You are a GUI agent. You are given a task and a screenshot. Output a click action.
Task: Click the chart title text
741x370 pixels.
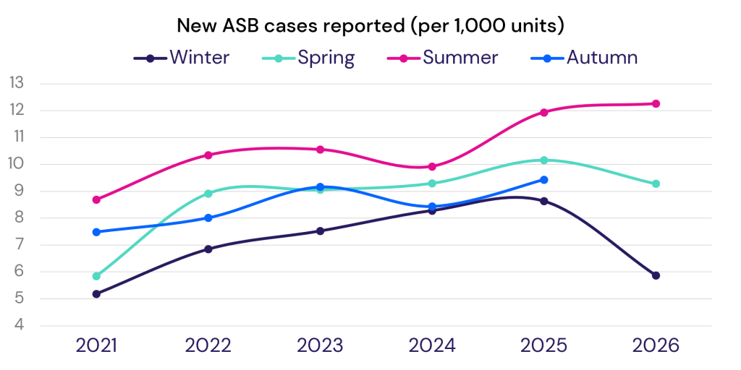tap(370, 25)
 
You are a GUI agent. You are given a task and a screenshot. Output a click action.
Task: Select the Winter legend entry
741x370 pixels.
tap(182, 58)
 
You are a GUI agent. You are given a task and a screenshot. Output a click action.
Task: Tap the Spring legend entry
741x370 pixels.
tap(308, 58)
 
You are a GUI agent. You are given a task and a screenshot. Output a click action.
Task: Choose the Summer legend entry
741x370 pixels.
tap(442, 58)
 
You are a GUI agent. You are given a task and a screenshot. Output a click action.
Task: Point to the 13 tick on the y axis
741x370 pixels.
tap(17, 84)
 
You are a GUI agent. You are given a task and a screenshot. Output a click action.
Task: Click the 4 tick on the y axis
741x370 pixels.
tap(18, 326)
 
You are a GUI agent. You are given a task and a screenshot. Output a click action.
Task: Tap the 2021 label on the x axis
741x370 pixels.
tap(96, 346)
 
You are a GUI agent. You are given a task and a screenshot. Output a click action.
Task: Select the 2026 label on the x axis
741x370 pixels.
tap(656, 346)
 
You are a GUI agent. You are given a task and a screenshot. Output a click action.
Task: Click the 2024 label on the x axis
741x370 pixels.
tap(432, 346)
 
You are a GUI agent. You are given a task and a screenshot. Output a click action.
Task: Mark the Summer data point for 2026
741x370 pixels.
tap(656, 104)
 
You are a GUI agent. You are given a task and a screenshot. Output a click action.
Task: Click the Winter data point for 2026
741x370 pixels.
tap(656, 275)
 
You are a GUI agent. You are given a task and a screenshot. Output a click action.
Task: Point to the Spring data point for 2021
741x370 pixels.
tap(96, 276)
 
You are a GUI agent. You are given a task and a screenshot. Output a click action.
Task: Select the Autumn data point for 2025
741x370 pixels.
tap(544, 180)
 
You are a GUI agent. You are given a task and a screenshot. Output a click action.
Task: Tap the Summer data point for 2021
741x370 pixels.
tap(96, 199)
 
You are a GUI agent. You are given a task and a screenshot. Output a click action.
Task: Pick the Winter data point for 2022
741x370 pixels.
tap(208, 249)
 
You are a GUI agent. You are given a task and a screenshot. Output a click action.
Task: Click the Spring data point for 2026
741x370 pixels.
tap(656, 184)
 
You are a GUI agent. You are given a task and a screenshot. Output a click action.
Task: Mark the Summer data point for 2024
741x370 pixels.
tap(432, 167)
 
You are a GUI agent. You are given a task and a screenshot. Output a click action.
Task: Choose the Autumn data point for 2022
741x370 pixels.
tap(208, 218)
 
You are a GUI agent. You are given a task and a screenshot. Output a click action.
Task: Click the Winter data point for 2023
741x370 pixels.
tap(320, 231)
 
